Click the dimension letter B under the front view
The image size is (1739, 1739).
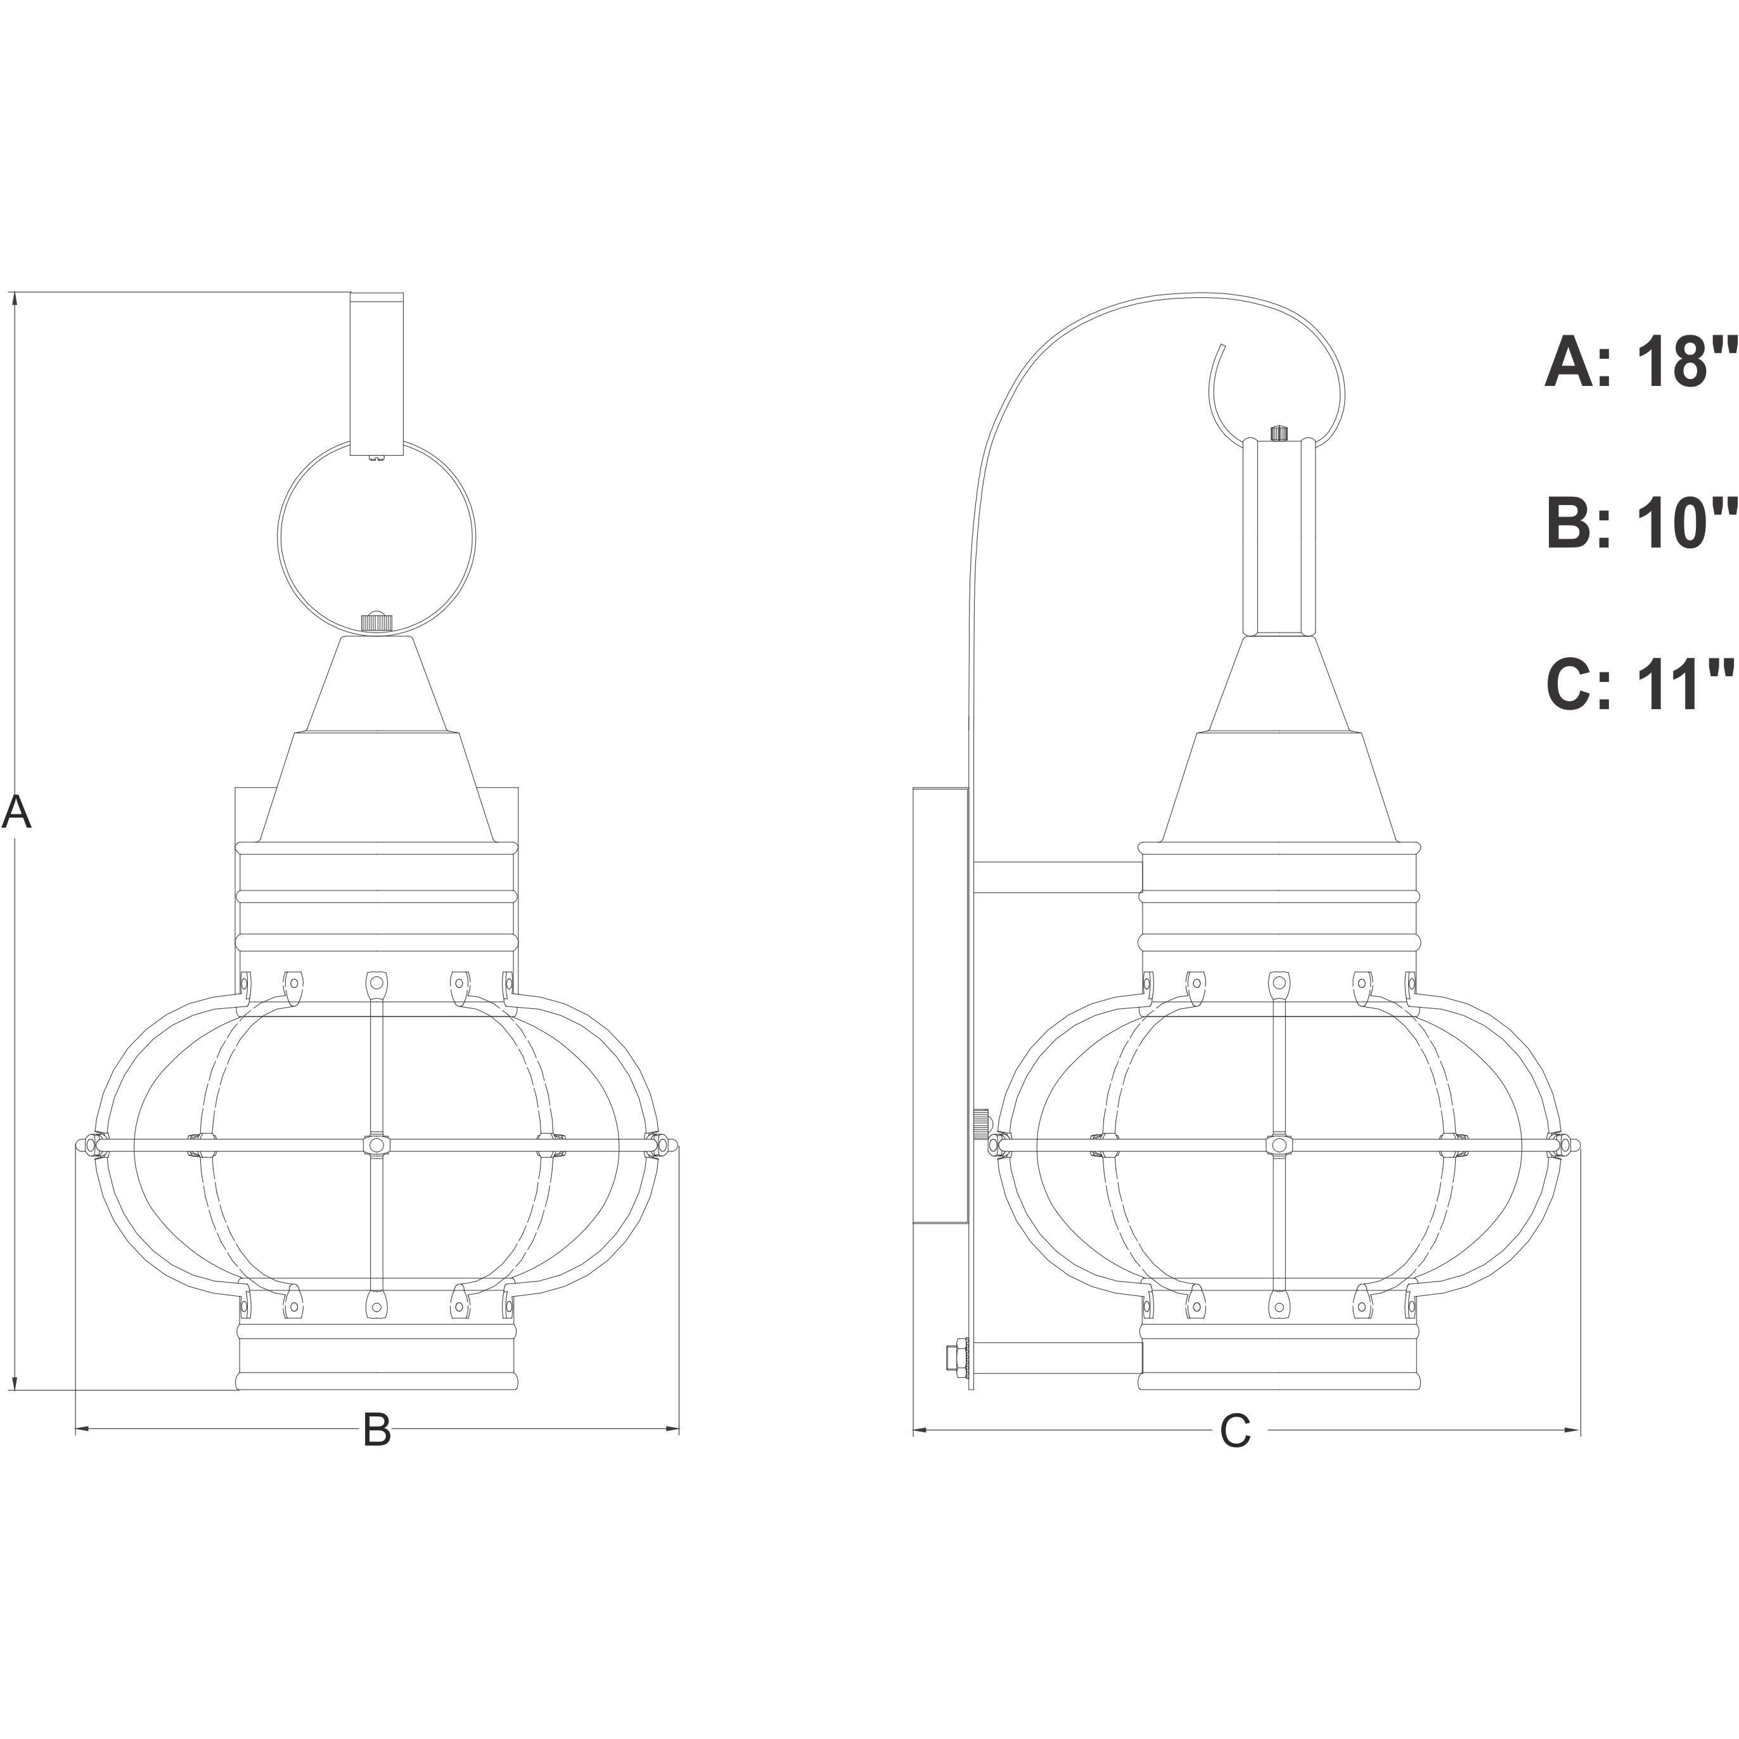376,1429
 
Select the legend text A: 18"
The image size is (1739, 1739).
1641,363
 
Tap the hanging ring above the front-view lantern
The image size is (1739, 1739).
279,540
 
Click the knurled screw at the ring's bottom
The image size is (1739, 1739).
376,621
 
